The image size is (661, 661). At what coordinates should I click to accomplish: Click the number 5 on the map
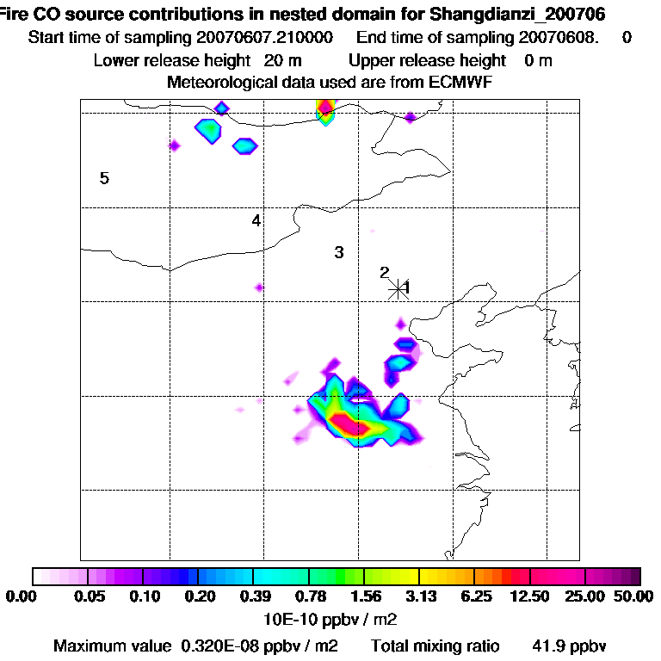coord(104,178)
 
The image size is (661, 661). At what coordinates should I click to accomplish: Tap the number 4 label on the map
coord(256,220)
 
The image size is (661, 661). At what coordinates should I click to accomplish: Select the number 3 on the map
coord(339,252)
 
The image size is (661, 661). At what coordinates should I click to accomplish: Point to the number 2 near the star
coord(384,273)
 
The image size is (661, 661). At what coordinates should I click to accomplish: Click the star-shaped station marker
coord(397,288)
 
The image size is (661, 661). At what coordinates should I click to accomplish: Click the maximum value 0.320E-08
coord(228,646)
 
